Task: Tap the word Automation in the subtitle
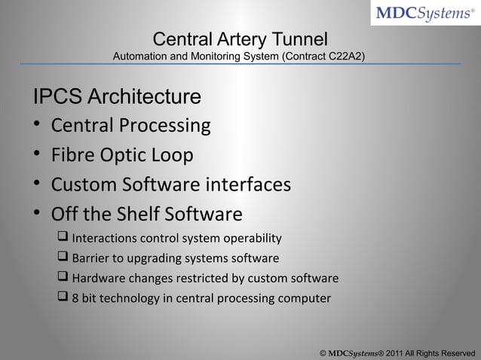(140, 56)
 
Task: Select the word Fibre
(72, 155)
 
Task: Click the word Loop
(173, 155)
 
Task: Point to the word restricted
(216, 279)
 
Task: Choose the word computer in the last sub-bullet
(305, 298)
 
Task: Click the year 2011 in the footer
(397, 352)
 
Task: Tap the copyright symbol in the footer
(323, 352)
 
